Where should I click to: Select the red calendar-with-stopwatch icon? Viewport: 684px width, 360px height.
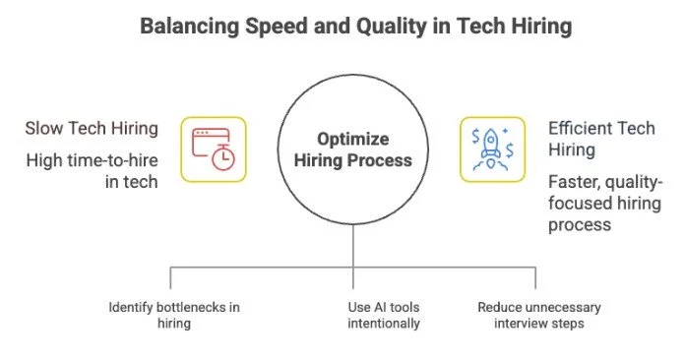(214, 149)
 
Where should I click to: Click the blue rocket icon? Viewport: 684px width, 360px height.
(492, 149)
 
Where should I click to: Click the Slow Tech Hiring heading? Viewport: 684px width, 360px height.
(93, 129)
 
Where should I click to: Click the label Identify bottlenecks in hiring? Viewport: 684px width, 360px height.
(173, 315)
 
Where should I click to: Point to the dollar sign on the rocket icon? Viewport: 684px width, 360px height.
(479, 134)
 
